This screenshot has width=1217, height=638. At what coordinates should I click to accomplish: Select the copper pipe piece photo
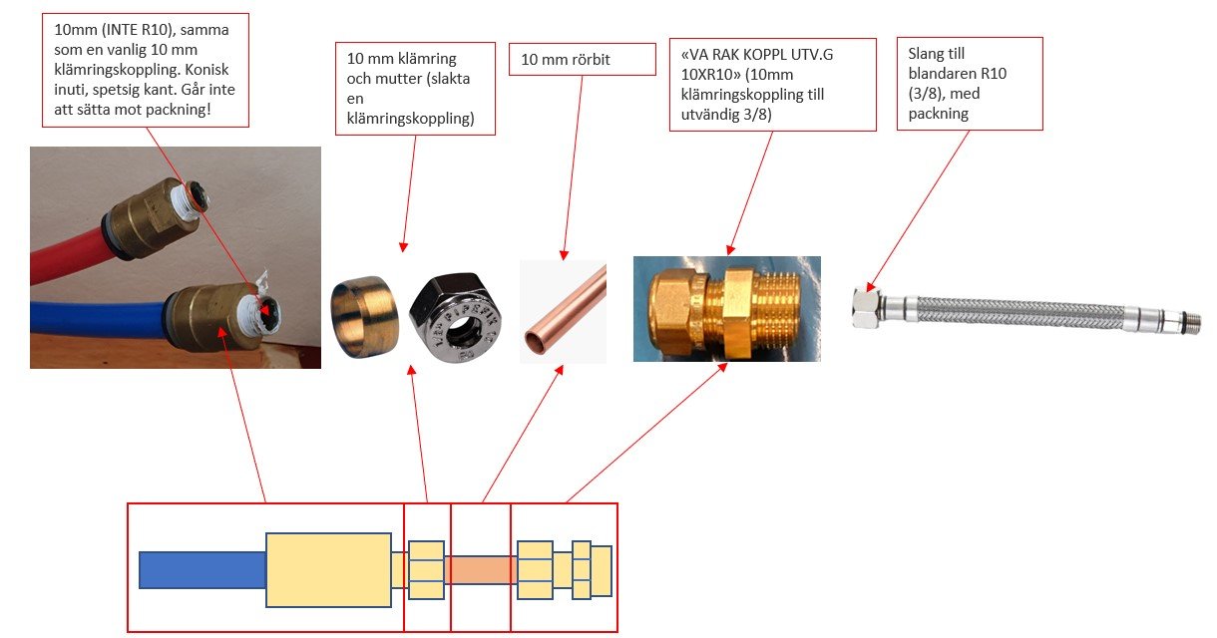(563, 311)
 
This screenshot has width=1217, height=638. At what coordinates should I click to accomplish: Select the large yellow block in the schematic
(328, 569)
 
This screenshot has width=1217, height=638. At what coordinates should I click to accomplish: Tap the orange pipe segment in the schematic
(480, 569)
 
